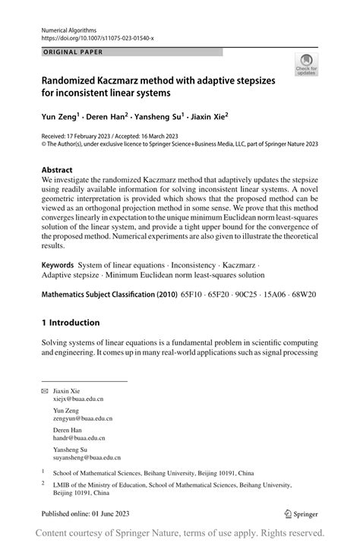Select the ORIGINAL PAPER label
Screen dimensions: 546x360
point(71,52)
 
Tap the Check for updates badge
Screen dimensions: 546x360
point(308,65)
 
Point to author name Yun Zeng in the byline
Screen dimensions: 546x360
point(60,118)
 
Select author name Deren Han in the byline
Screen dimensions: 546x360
point(105,118)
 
